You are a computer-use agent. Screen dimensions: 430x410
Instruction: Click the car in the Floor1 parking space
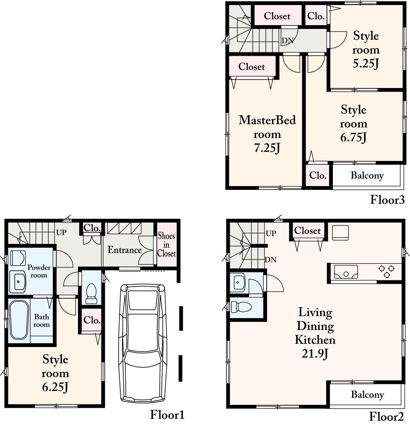point(143,343)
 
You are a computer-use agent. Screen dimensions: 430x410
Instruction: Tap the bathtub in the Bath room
point(18,320)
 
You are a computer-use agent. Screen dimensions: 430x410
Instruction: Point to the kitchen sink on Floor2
point(346,273)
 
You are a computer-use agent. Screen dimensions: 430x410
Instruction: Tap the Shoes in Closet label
point(166,245)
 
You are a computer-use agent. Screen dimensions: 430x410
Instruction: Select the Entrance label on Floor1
point(125,250)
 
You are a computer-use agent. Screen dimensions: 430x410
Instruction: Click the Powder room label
point(39,271)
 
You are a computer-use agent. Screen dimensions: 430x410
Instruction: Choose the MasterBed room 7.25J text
point(267,134)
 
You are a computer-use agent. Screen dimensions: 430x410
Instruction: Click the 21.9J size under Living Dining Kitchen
point(314,353)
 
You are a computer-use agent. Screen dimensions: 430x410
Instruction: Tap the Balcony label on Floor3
point(367,176)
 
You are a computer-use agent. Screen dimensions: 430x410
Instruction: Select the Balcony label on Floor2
point(367,394)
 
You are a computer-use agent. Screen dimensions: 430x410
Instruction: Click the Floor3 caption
point(387,200)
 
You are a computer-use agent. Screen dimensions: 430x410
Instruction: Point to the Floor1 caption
point(167,415)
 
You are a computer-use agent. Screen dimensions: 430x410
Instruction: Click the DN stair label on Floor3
point(287,41)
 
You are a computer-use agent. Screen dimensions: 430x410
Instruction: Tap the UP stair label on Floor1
point(61,232)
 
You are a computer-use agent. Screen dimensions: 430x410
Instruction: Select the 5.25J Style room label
point(366,50)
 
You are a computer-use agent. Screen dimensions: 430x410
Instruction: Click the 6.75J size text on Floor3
point(353,137)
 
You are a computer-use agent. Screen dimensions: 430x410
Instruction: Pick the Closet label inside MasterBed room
point(252,67)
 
